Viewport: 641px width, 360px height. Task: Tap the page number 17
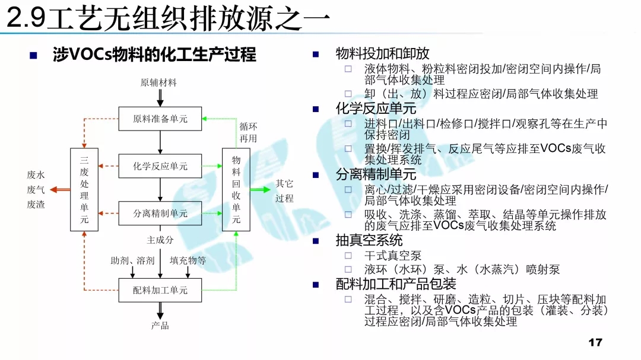(x=595, y=342)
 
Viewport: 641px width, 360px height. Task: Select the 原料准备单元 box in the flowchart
(x=160, y=119)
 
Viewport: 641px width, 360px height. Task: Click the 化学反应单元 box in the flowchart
(x=160, y=167)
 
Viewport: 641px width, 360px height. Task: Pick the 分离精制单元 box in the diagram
(x=160, y=214)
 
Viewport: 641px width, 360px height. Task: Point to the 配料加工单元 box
(x=160, y=290)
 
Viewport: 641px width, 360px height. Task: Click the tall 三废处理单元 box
(x=84, y=190)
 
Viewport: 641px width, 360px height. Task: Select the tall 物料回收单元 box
(x=236, y=190)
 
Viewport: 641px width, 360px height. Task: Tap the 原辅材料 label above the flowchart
(x=158, y=83)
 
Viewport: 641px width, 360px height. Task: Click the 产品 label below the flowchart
(x=160, y=325)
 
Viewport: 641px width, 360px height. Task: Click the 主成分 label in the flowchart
(x=160, y=240)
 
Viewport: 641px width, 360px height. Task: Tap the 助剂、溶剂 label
(x=132, y=260)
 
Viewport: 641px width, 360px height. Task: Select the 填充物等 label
(x=188, y=260)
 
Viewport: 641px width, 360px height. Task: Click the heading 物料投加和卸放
(x=382, y=53)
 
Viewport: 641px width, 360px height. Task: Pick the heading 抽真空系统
(x=369, y=240)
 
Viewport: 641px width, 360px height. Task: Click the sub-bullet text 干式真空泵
(x=393, y=256)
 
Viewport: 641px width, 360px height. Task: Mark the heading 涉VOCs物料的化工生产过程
(x=154, y=55)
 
